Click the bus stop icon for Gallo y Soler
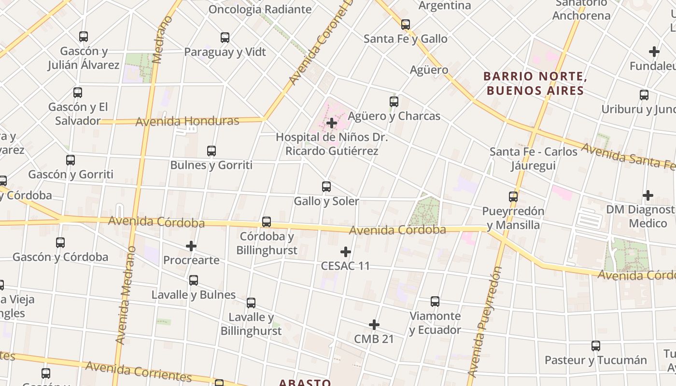click(326, 187)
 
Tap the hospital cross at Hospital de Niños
click(332, 123)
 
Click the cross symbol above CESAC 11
click(346, 252)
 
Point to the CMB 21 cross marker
click(374, 325)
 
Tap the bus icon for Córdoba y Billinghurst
click(267, 222)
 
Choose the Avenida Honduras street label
click(187, 121)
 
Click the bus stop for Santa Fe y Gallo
click(406, 25)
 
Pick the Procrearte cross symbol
click(191, 246)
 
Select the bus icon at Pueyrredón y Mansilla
click(513, 197)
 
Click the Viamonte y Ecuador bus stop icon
click(435, 302)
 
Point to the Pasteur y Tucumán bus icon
click(596, 346)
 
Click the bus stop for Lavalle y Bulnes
click(194, 280)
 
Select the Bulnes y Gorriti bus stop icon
click(211, 151)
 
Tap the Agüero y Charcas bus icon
click(394, 102)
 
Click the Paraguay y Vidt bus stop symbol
click(225, 38)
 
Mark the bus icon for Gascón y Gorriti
click(70, 160)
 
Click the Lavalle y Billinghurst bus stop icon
click(251, 303)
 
